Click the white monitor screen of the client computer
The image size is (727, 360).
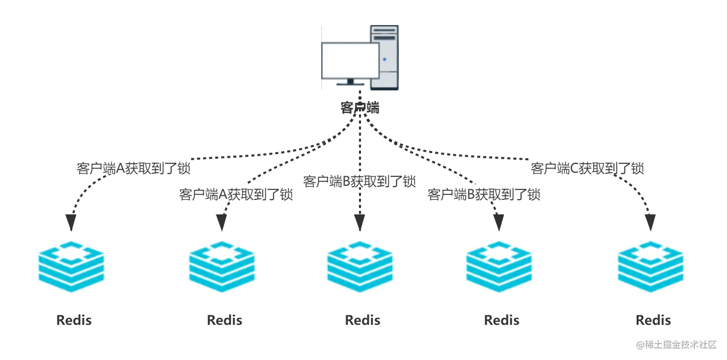point(350,61)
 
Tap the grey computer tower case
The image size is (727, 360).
point(385,57)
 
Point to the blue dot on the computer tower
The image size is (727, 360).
point(385,59)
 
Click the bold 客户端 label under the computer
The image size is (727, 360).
point(359,108)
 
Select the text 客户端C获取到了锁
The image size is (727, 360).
point(587,169)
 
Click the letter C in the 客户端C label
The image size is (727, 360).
point(574,169)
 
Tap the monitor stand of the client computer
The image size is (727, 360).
point(350,82)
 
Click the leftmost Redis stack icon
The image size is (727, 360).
point(71,267)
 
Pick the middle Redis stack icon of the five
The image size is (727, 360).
point(359,267)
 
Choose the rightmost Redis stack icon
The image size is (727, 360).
point(650,267)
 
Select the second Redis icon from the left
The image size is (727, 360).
point(222,267)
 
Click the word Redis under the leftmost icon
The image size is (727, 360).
point(74,320)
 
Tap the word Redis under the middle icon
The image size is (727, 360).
point(362,320)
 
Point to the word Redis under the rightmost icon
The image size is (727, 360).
point(653,320)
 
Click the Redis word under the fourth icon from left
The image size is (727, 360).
point(502,320)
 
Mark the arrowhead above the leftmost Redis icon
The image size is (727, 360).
point(71,223)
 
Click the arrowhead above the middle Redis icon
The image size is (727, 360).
point(359,223)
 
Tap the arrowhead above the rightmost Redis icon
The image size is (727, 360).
point(650,223)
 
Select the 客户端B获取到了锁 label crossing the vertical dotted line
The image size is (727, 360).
point(359,181)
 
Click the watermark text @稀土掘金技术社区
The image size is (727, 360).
point(676,344)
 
